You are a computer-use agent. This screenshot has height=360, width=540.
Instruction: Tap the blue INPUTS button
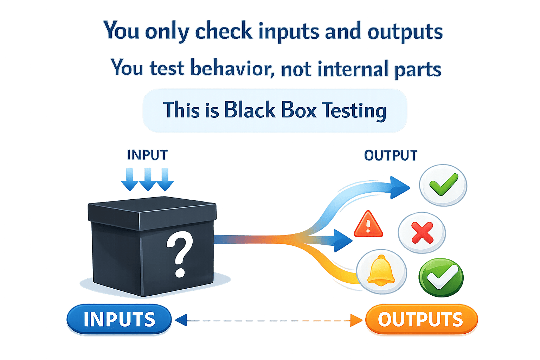[x=119, y=319]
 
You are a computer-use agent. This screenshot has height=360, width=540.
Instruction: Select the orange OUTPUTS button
[x=421, y=319]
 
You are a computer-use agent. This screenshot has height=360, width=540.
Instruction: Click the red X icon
[x=422, y=233]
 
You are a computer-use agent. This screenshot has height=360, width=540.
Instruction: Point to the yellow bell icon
[x=381, y=271]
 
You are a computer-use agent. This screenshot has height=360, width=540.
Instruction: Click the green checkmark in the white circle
[x=443, y=185]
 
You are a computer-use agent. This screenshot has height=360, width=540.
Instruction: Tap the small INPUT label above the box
[x=147, y=155]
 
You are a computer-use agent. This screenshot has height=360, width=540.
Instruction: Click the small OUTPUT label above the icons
[x=391, y=155]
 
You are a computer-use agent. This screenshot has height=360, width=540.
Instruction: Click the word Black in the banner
[x=250, y=110]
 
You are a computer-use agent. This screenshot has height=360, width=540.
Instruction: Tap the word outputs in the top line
[x=405, y=32]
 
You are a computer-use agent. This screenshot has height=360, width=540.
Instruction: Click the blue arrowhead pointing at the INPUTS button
[x=180, y=320]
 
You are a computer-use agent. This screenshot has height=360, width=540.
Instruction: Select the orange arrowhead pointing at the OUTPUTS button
[x=357, y=320]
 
